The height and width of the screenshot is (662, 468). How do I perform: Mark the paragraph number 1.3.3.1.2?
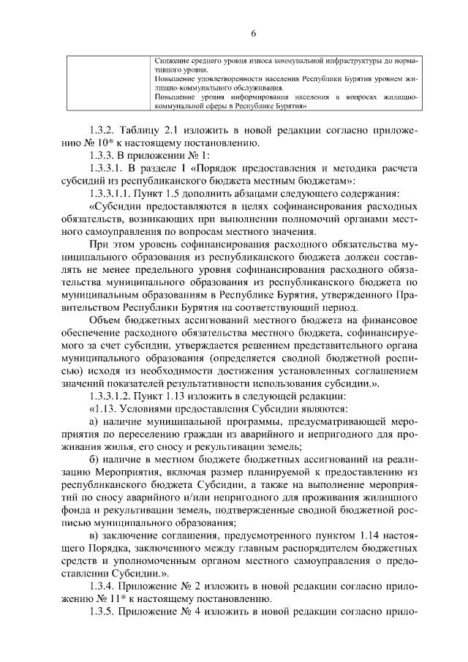point(113,397)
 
